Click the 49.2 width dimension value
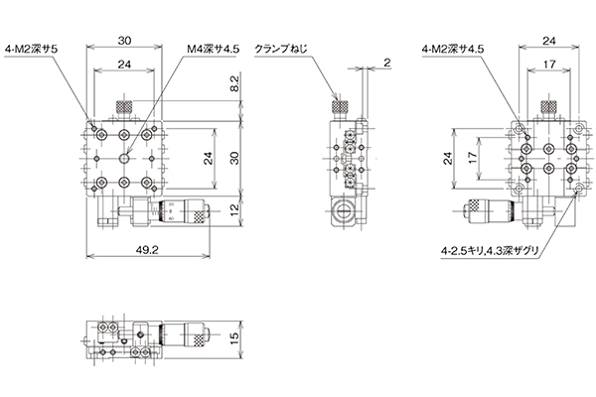tap(147, 249)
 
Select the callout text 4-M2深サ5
tap(31, 50)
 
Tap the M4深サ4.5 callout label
tap(213, 50)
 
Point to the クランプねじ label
tap(280, 50)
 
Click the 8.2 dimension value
tap(234, 83)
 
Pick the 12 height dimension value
tap(234, 208)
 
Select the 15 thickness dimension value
tap(234, 337)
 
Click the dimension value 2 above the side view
tap(386, 63)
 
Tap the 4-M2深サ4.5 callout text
tap(452, 50)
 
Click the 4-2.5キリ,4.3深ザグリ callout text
tap(491, 251)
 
